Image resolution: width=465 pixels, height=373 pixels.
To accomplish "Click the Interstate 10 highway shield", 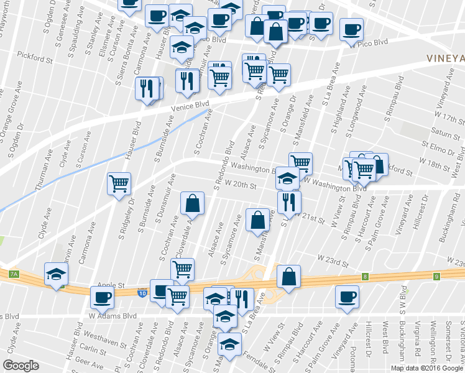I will coord(143,293).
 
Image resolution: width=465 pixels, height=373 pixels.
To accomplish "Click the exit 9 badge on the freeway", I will coord(437,276).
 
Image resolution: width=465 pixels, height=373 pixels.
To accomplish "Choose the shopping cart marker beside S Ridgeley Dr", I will coord(119,183).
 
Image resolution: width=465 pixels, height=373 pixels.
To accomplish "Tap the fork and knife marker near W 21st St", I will coord(289,201).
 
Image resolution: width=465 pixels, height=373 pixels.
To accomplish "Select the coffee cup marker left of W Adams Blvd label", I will coord(102,297).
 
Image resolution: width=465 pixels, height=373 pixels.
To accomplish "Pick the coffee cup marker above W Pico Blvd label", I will coord(351,29).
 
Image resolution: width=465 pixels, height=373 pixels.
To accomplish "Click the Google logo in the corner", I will coord(21,366).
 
